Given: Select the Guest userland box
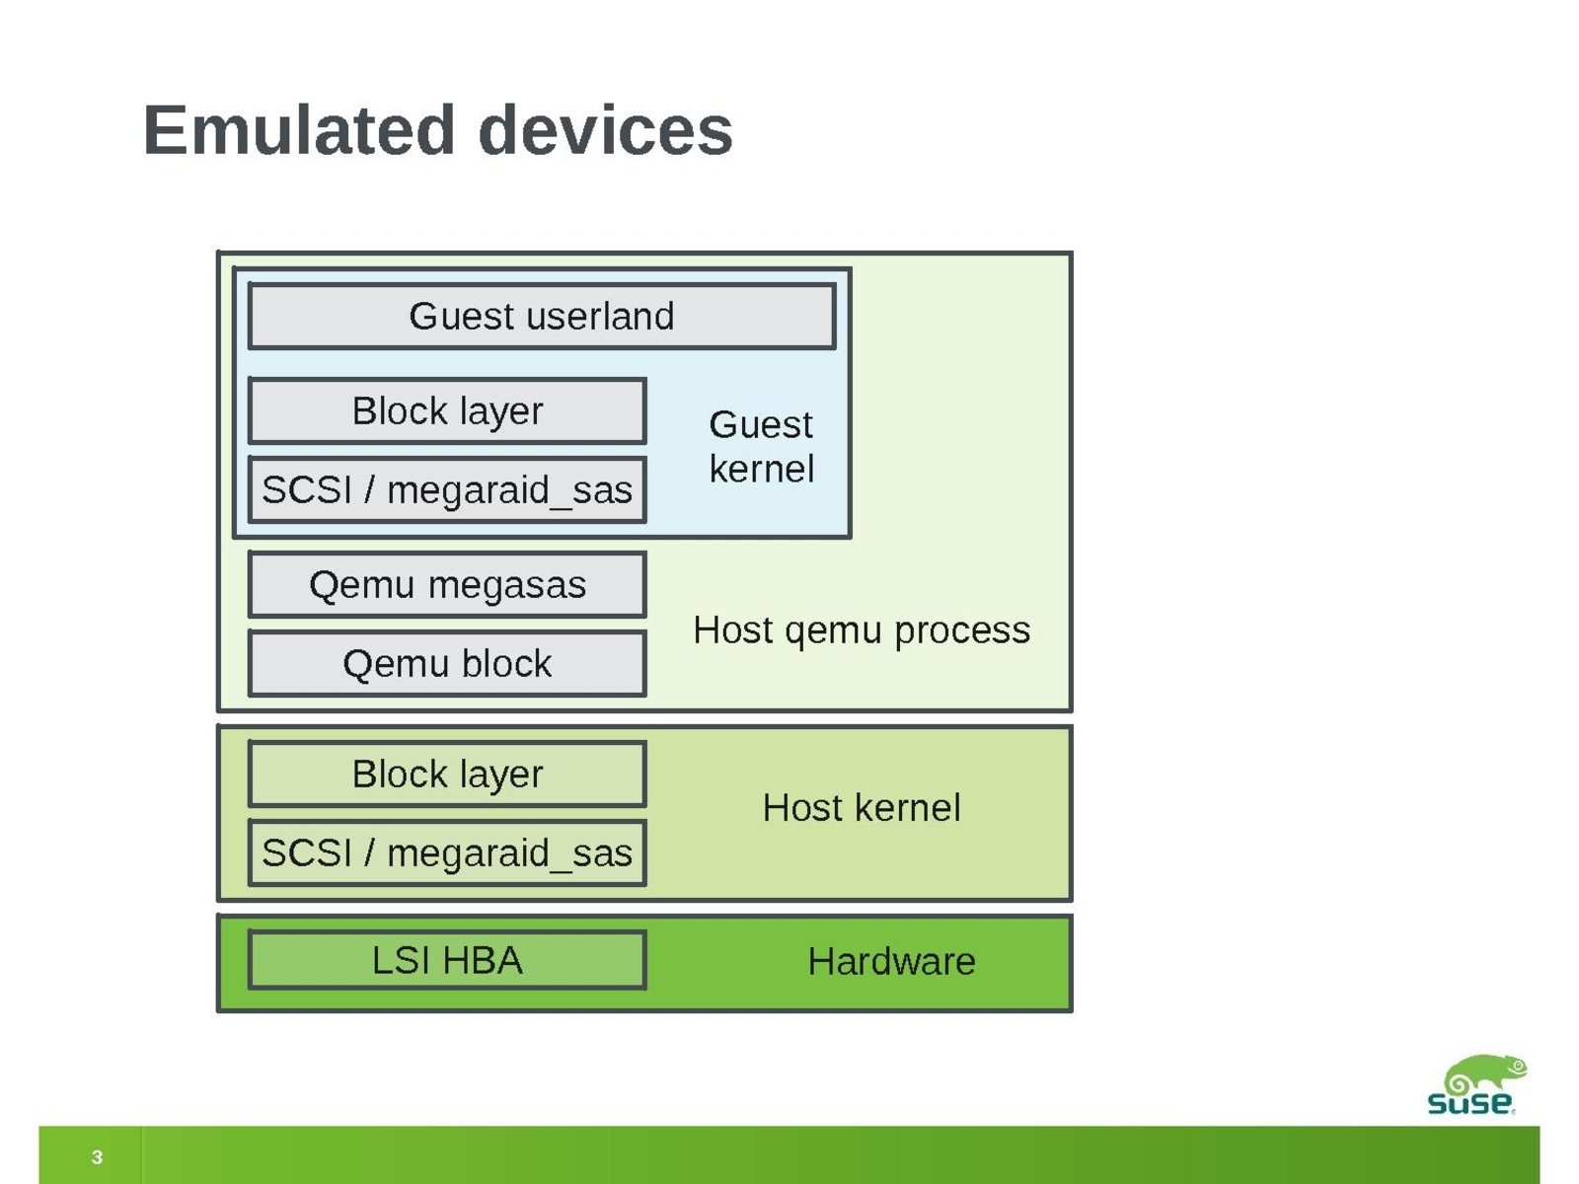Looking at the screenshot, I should tap(542, 317).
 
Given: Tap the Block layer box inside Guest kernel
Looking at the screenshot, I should tap(447, 411).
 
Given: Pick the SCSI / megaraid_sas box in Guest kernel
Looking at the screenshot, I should tap(447, 490).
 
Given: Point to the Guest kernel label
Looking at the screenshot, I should tap(761, 447).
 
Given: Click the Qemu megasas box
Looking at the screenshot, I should tap(447, 585).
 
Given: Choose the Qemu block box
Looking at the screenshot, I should tap(447, 664).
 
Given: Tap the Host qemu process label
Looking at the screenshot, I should tap(861, 629).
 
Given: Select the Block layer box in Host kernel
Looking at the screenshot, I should tap(447, 775).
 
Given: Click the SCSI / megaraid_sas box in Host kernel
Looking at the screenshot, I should tap(447, 853).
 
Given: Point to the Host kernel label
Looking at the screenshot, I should tap(861, 808).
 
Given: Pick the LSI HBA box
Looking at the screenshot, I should tap(447, 960).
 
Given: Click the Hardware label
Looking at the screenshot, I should tap(891, 962).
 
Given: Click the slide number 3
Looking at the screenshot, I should tap(97, 1157).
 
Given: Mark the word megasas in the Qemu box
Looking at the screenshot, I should tap(506, 585).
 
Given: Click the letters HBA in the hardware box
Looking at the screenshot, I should tap(483, 960).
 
